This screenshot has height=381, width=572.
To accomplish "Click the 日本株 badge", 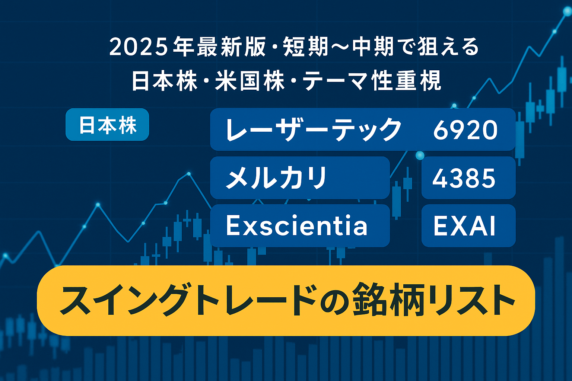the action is click(x=107, y=125).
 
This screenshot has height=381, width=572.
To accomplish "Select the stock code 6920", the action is click(x=465, y=130).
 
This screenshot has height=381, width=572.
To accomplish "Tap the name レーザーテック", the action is click(x=313, y=129).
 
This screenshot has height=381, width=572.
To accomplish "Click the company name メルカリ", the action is click(x=276, y=178).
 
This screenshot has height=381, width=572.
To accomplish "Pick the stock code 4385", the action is click(x=464, y=178).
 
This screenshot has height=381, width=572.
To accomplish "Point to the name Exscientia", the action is click(x=297, y=225).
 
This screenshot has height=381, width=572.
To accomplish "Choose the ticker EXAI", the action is click(x=464, y=226).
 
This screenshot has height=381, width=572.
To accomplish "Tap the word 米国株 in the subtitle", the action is click(x=250, y=81).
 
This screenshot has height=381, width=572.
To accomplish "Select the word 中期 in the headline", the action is click(x=373, y=47).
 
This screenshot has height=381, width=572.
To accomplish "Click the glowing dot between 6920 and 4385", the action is click(x=420, y=155).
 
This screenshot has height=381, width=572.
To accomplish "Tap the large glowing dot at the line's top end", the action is click(x=567, y=11).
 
